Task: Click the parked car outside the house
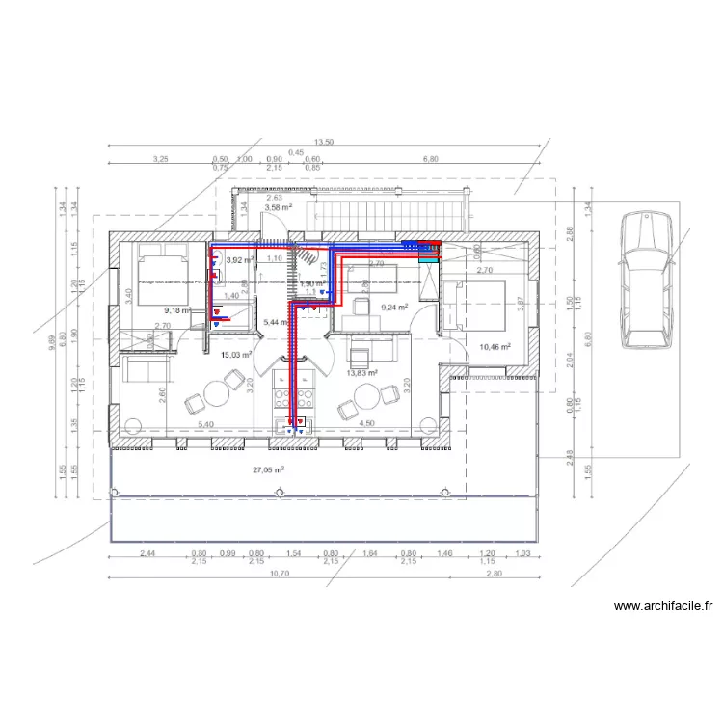(643, 281)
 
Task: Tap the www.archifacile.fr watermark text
(662, 606)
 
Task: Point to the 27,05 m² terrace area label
(268, 470)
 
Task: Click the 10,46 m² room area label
(495, 346)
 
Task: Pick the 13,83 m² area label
(361, 373)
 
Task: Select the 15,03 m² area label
(236, 355)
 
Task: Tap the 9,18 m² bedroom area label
(177, 310)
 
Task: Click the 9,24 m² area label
(395, 307)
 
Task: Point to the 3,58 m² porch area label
(279, 207)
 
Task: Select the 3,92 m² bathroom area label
(239, 259)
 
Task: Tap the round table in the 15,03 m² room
(215, 394)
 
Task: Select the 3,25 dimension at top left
(160, 159)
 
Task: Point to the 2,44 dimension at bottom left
(148, 554)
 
